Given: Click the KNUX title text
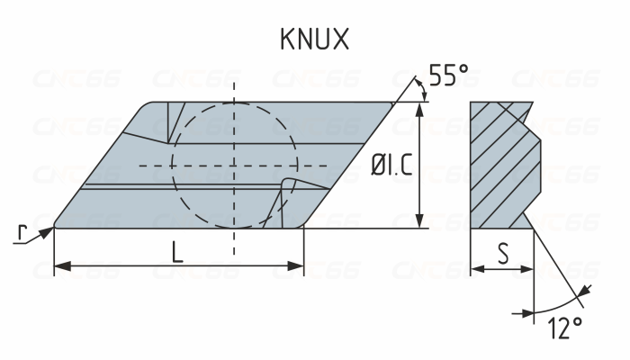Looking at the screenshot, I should (314, 40).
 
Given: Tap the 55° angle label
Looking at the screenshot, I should (447, 76).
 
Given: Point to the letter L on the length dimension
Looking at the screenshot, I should (177, 252).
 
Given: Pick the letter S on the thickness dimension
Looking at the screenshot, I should (502, 256).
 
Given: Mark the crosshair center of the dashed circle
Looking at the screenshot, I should (234, 166).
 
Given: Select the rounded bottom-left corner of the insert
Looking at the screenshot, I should (57, 222).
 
